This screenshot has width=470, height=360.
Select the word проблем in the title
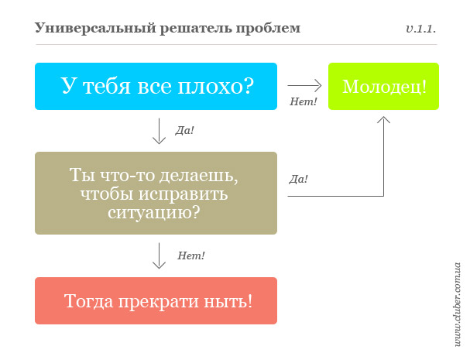click(x=268, y=29)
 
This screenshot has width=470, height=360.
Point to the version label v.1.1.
click(x=421, y=29)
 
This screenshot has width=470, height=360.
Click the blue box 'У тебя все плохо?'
click(x=156, y=87)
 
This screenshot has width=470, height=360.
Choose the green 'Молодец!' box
click(x=384, y=87)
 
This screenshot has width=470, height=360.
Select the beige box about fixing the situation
click(x=156, y=193)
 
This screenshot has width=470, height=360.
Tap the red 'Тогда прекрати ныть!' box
click(x=156, y=300)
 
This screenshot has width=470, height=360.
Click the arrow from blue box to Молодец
click(x=304, y=85)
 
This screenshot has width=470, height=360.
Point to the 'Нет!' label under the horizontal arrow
click(x=303, y=102)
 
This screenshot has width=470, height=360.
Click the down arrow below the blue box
click(x=159, y=132)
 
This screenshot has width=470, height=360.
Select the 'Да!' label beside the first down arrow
click(x=184, y=130)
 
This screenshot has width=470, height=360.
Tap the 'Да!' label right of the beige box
click(x=299, y=180)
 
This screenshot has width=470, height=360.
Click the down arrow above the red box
click(x=159, y=255)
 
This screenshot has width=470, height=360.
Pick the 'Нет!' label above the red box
click(x=191, y=255)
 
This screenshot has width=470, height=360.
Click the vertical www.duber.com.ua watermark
click(x=457, y=304)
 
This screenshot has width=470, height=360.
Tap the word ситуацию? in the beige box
click(x=154, y=213)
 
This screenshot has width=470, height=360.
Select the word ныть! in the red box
click(x=228, y=301)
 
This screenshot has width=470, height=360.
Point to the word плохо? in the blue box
click(x=216, y=86)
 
